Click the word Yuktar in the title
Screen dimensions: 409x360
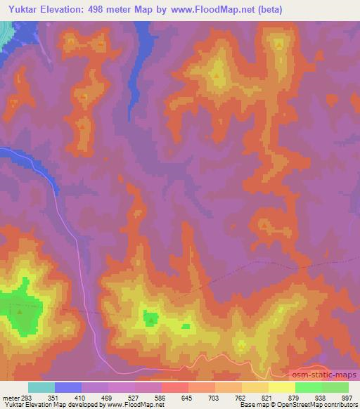pos(25,10)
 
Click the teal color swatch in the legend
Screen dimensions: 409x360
pos(41,387)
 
